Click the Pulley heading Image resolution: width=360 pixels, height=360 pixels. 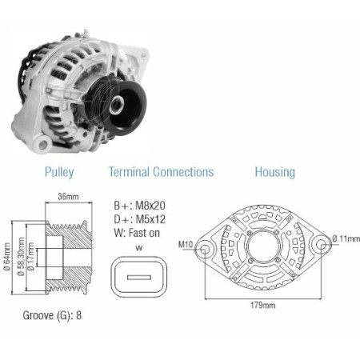[x=59, y=172]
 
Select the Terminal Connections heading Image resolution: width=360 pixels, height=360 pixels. [x=162, y=172]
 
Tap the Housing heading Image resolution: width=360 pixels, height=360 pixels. [x=275, y=172]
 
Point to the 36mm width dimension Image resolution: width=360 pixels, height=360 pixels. [x=69, y=197]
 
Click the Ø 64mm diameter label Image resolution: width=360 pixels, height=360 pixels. [x=7, y=257]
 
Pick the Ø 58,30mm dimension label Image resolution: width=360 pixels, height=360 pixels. [x=21, y=257]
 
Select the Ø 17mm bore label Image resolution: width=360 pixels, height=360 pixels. [x=31, y=257]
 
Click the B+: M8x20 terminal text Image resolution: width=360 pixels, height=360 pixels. [x=139, y=206]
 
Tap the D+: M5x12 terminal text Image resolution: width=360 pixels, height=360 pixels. [x=139, y=219]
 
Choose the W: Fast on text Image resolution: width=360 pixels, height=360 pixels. [x=137, y=233]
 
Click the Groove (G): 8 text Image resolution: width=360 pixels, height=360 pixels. [x=52, y=315]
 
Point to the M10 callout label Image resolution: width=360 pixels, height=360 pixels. [x=186, y=244]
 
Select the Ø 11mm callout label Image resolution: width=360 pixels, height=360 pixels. [x=346, y=238]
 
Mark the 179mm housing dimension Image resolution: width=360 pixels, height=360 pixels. [x=263, y=305]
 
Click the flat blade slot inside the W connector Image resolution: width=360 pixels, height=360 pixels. [x=139, y=278]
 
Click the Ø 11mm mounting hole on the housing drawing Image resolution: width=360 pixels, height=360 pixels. [x=321, y=244]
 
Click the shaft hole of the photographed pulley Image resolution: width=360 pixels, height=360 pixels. [x=117, y=105]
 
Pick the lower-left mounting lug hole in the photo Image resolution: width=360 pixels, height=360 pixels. [x=42, y=145]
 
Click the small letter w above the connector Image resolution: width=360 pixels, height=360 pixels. [x=139, y=248]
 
